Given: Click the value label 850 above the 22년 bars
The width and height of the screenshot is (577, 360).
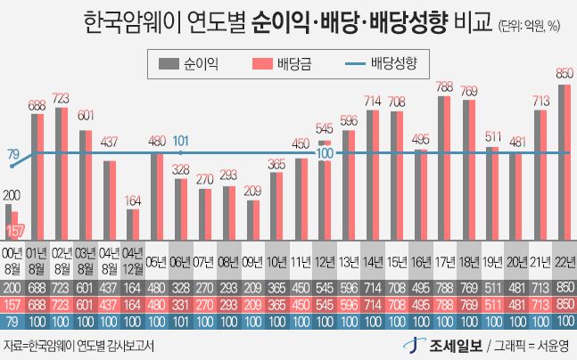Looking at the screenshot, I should pyautogui.click(x=564, y=73).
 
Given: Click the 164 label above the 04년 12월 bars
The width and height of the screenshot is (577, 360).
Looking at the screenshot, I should pyautogui.click(x=133, y=199).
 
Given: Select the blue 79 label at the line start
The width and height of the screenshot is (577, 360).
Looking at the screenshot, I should pyautogui.click(x=13, y=155).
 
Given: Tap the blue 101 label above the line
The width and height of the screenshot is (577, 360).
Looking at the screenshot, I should pyautogui.click(x=181, y=140).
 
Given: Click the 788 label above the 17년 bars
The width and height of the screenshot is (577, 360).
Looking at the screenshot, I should pyautogui.click(x=443, y=86).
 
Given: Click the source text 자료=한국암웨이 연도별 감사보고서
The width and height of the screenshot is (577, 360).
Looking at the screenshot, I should pyautogui.click(x=78, y=346).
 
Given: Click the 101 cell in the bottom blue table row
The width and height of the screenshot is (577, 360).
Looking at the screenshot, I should pyautogui.click(x=181, y=320).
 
